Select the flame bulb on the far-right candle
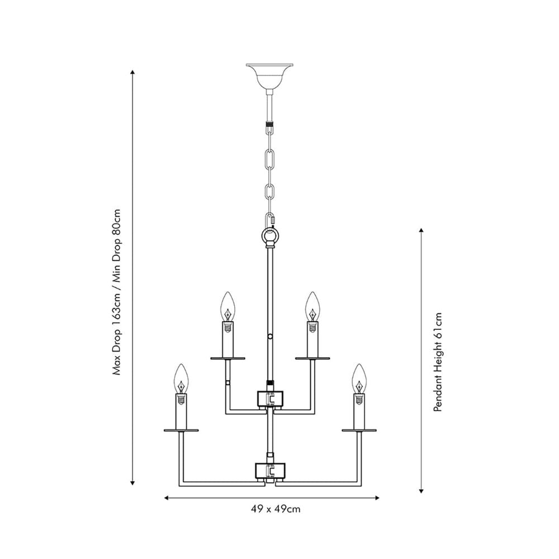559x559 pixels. (359, 378)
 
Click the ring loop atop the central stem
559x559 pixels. (271, 237)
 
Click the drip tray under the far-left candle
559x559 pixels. (181, 430)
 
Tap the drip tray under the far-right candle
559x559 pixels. (359, 430)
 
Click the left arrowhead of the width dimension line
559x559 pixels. (167, 496)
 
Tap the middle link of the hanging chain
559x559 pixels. (271, 162)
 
